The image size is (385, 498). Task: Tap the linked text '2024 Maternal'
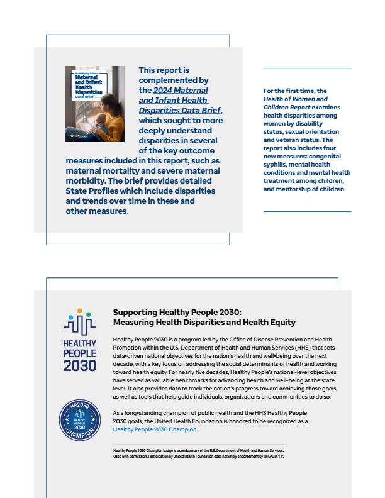click(x=181, y=91)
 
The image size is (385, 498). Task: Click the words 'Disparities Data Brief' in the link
click(x=179, y=111)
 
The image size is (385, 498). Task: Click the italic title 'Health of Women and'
click(x=295, y=99)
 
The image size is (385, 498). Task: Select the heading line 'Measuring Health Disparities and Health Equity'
click(x=204, y=323)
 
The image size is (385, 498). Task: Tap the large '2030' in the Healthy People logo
click(x=79, y=365)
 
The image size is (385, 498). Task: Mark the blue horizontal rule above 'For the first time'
click(x=307, y=69)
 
